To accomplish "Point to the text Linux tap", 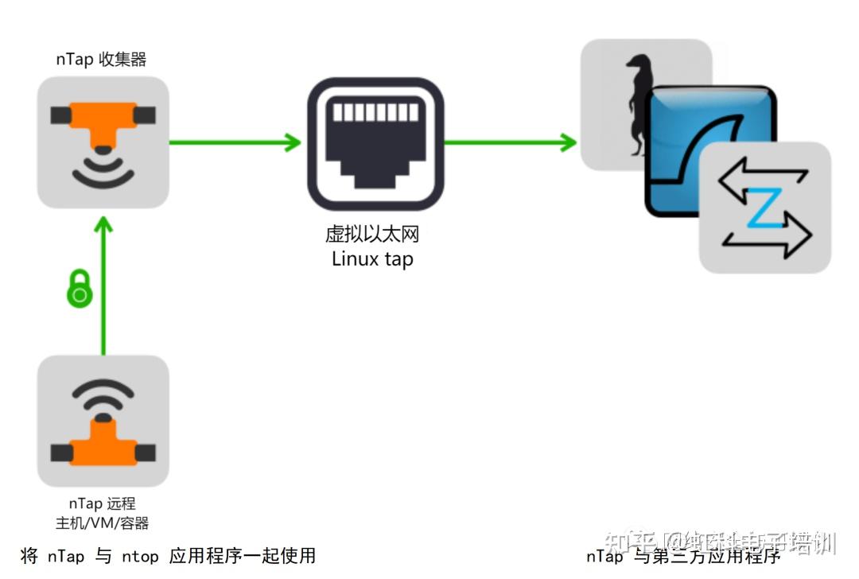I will click(372, 259).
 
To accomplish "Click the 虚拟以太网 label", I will click(372, 235).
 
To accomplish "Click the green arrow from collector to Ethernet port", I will click(235, 143).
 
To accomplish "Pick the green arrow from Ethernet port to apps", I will click(509, 143).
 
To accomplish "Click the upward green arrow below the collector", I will click(103, 286).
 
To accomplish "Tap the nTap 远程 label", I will click(102, 503).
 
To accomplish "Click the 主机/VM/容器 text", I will click(102, 523).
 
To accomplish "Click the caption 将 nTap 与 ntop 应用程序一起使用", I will click(168, 556).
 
